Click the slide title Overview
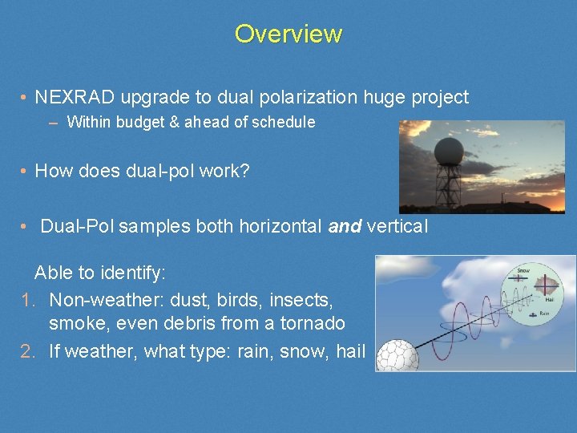click(288, 34)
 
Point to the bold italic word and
click(345, 226)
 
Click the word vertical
click(397, 226)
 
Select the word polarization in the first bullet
click(273, 98)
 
